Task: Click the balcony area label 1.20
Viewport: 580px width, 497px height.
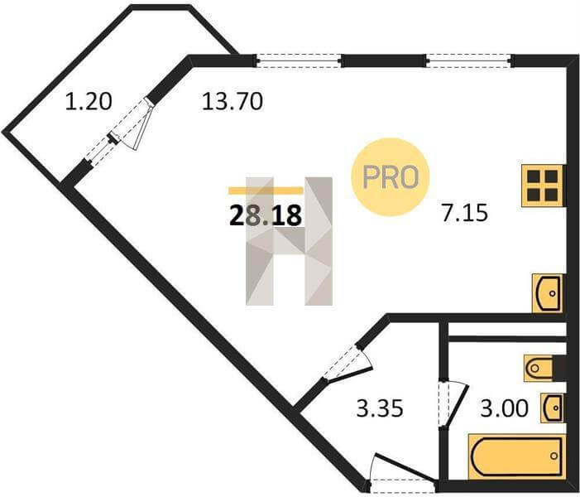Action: (x=89, y=103)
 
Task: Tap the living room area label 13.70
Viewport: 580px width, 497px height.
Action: (x=232, y=103)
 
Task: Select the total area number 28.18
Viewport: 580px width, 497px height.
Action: (x=264, y=215)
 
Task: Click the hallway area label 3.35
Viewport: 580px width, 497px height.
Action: (x=379, y=408)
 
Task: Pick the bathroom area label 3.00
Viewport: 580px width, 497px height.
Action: (x=505, y=408)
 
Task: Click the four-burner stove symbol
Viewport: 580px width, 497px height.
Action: (x=543, y=186)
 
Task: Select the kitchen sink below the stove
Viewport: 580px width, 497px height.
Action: (x=547, y=292)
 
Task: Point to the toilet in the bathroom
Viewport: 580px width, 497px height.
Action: (x=542, y=365)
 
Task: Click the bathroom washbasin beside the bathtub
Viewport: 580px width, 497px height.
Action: (x=552, y=408)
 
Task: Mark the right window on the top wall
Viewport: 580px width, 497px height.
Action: (x=468, y=60)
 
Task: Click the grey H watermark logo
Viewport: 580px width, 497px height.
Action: (x=289, y=240)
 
